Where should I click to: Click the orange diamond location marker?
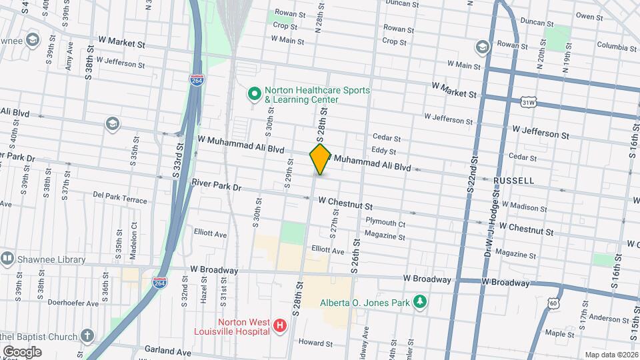click(x=320, y=159)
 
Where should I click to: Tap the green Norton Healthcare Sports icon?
click(x=254, y=95)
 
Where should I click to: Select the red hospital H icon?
click(x=280, y=326)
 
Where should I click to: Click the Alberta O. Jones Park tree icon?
click(x=419, y=302)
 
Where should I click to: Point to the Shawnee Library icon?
click(x=7, y=259)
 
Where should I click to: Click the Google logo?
click(x=21, y=351)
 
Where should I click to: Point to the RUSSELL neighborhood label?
click(x=514, y=181)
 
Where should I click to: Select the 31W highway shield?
click(x=529, y=102)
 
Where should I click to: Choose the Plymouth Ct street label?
click(x=385, y=223)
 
